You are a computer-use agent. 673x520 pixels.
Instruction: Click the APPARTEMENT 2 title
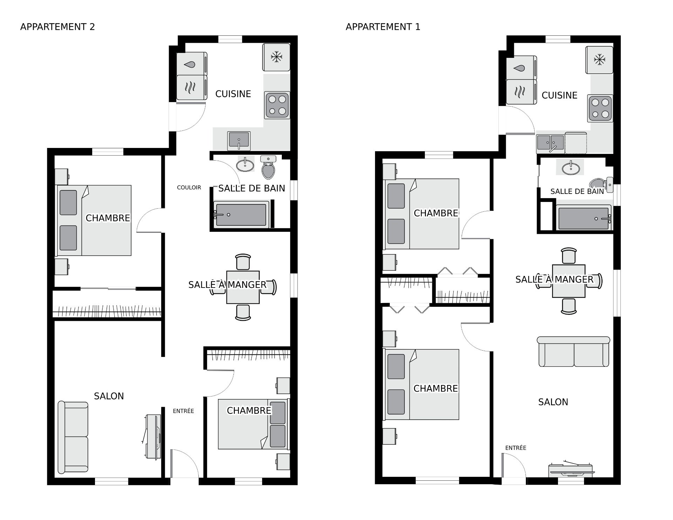[x=57, y=27]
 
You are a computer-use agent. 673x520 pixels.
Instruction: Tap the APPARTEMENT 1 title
[x=383, y=27]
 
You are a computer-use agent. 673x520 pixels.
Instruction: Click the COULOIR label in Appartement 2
[x=189, y=188]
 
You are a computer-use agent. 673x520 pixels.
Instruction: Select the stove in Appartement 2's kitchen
[x=277, y=105]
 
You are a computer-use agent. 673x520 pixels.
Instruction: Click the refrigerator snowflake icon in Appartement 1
[x=600, y=60]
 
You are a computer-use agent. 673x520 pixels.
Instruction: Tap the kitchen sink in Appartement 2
[x=239, y=141]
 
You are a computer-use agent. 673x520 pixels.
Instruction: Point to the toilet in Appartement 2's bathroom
[x=268, y=167]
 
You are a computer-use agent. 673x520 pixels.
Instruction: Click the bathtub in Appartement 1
[x=584, y=218]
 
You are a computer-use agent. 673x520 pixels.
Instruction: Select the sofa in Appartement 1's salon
[x=573, y=352]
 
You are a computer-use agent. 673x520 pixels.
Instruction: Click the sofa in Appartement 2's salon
[x=73, y=437]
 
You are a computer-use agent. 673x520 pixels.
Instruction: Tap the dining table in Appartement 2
[x=243, y=287]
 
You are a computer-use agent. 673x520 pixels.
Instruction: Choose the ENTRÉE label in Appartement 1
[x=516, y=448]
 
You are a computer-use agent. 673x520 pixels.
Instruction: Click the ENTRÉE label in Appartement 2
[x=183, y=411]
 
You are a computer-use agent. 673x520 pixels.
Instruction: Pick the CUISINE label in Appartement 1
[x=559, y=95]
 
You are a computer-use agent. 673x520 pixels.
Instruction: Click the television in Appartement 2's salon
[x=153, y=437]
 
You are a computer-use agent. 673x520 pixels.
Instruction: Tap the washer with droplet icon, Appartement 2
[x=191, y=63]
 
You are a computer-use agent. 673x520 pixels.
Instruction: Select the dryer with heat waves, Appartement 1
[x=521, y=92]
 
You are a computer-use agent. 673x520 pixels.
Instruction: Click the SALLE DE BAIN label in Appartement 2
[x=252, y=188]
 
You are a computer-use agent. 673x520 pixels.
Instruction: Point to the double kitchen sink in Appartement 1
[x=550, y=143]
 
